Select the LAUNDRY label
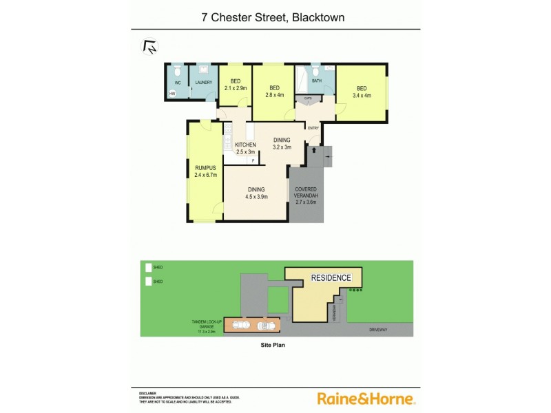(203, 83)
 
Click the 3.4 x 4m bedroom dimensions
(362, 95)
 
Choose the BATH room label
(316, 81)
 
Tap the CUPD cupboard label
(308, 99)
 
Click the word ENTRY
(313, 128)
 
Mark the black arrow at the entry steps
(314, 149)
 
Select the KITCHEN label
(245, 145)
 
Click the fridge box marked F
(253, 160)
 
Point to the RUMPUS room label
(205, 168)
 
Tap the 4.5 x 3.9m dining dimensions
(257, 198)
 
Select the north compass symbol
(149, 47)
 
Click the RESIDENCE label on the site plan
(331, 278)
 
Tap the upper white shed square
(148, 267)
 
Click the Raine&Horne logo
(365, 399)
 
